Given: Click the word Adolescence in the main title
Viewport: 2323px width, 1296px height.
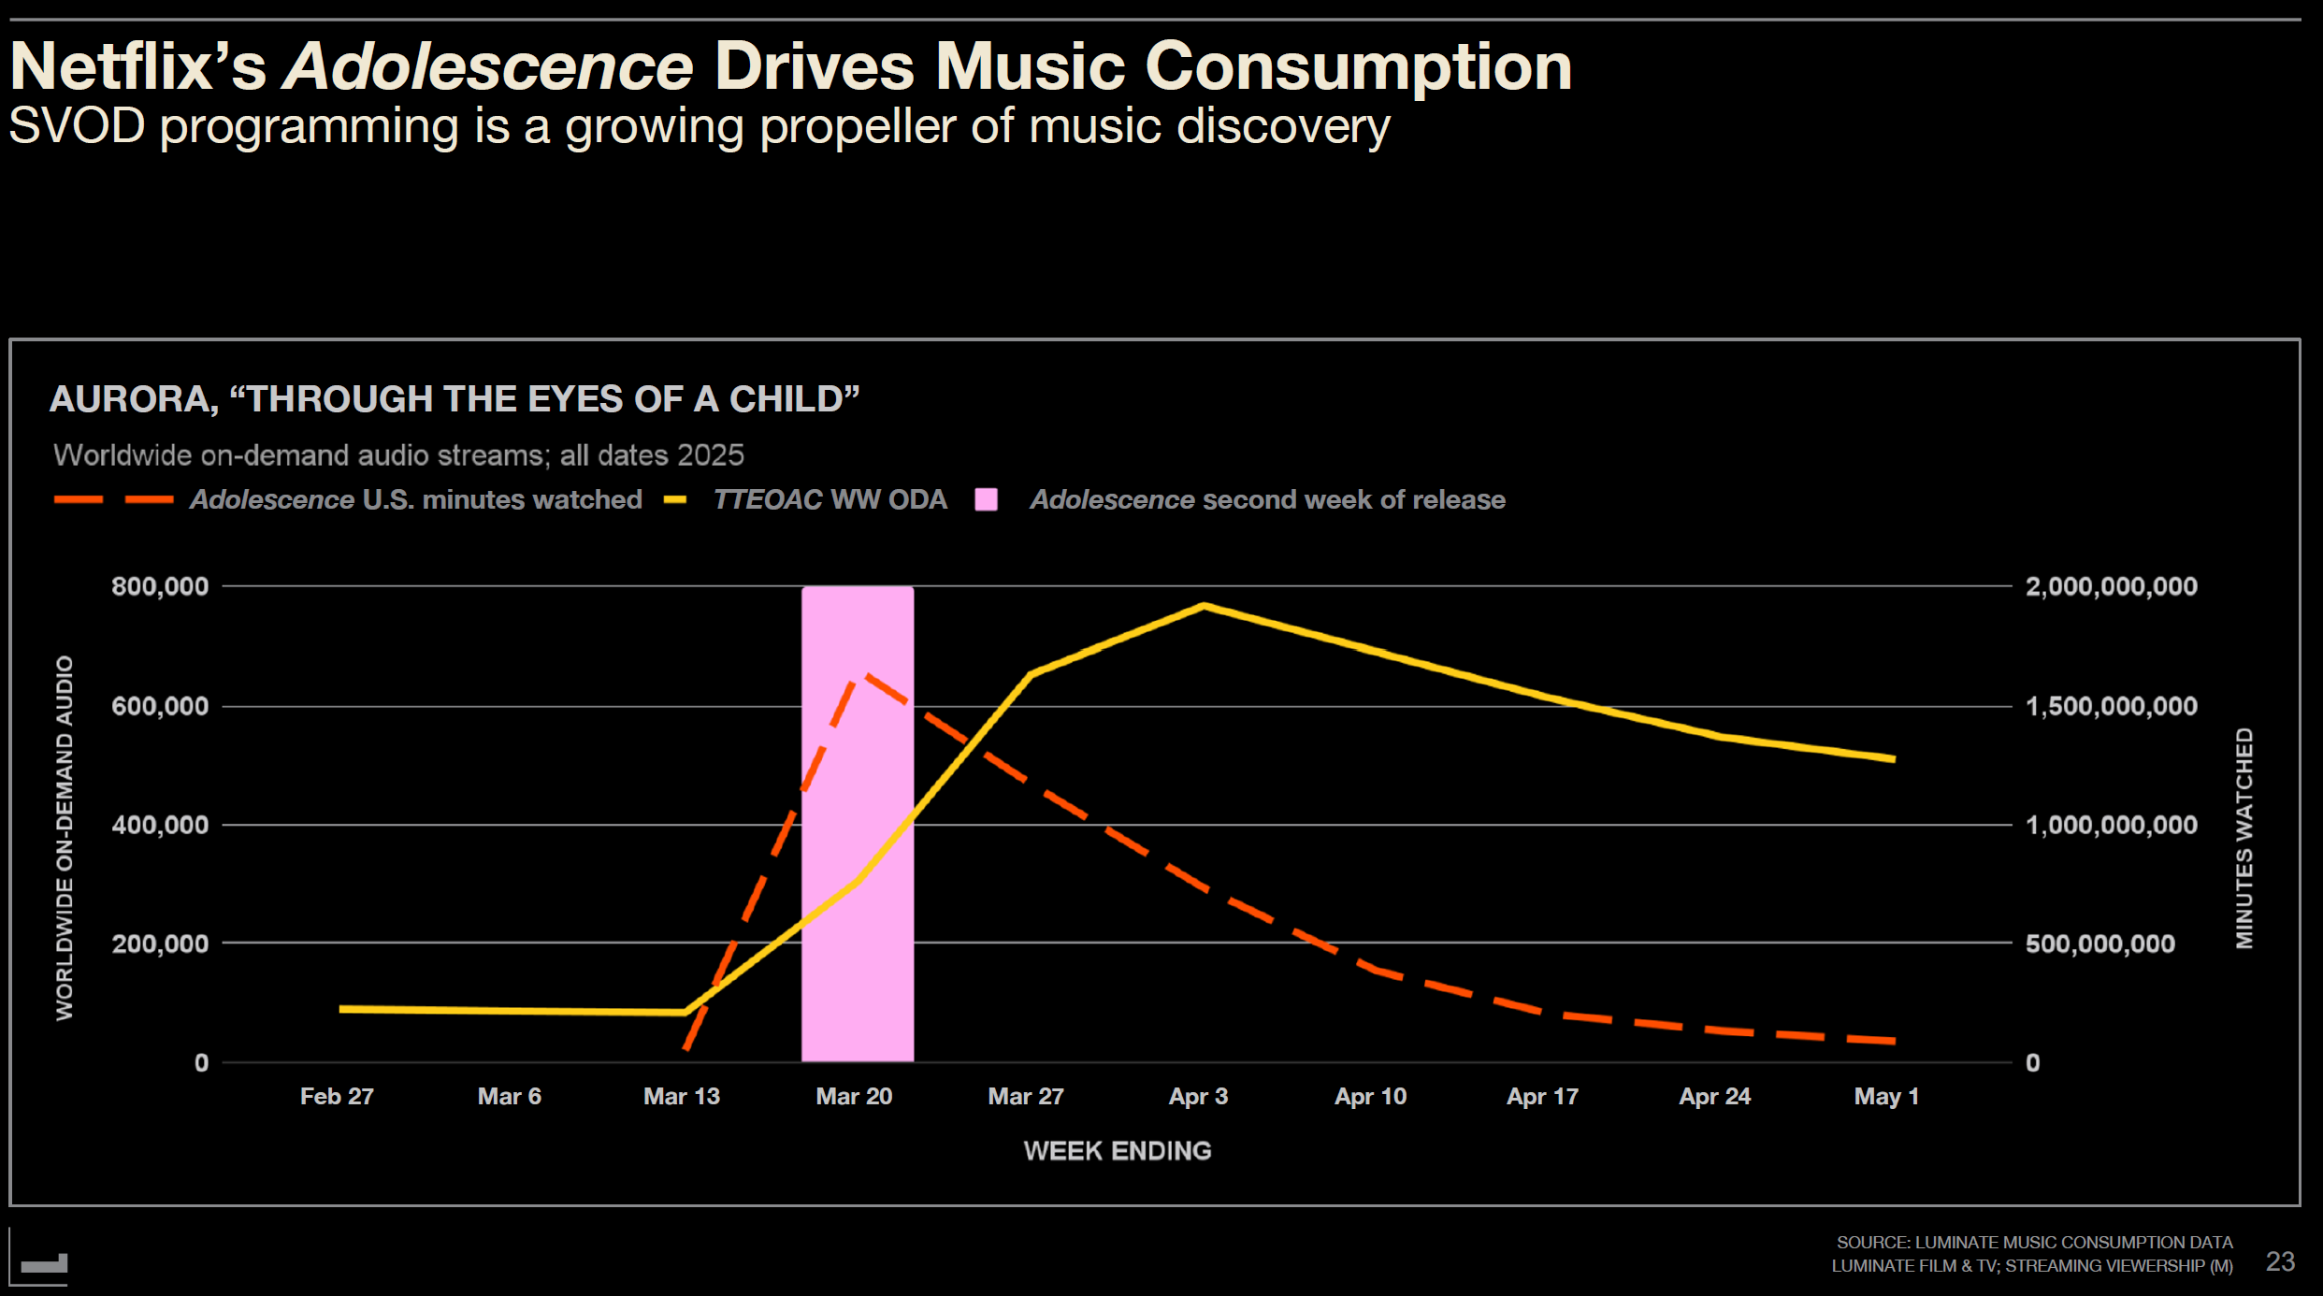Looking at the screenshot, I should (487, 67).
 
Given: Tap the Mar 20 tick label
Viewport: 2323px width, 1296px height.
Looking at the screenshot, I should (853, 1096).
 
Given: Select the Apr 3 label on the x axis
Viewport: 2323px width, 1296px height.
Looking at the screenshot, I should (1198, 1096).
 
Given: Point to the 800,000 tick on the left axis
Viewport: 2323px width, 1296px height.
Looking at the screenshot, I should (160, 586).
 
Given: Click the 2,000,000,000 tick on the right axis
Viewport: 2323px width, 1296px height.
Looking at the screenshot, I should (2111, 586).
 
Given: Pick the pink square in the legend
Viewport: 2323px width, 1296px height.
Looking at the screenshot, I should (986, 499).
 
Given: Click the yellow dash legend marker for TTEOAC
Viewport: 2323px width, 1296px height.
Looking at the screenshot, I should (675, 500).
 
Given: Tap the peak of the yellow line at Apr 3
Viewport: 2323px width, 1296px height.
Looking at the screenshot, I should (1204, 606).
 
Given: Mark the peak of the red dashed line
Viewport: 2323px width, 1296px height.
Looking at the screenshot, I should (867, 673).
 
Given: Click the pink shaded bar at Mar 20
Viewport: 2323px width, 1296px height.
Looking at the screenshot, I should (858, 982).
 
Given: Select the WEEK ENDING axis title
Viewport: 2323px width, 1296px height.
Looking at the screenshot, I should (1117, 1150).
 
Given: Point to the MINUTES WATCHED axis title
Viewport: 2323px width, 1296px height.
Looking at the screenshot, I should (2244, 838).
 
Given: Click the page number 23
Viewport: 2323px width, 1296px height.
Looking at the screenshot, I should (2280, 1261).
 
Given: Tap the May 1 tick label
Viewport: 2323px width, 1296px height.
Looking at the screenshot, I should (1886, 1096).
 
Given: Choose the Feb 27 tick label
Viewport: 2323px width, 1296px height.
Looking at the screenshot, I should (337, 1096).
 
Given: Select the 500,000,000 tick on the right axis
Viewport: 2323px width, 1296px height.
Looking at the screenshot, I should (2099, 943).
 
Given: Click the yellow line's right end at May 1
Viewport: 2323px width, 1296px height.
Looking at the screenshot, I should (1894, 759).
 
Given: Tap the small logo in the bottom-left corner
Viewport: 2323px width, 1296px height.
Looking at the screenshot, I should (44, 1264).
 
